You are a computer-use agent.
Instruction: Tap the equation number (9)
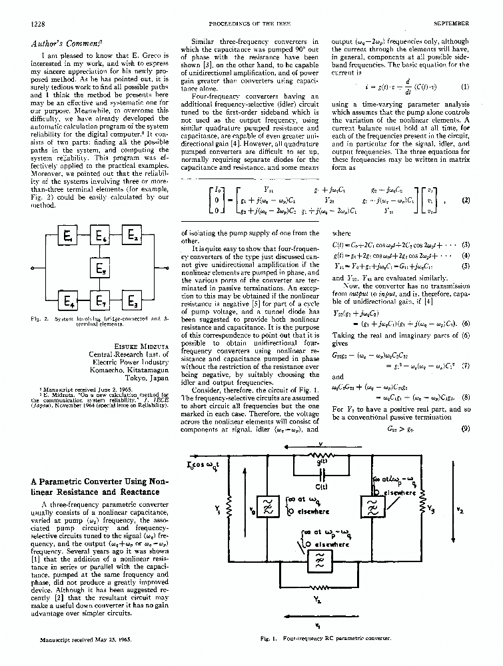[x=464, y=430]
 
